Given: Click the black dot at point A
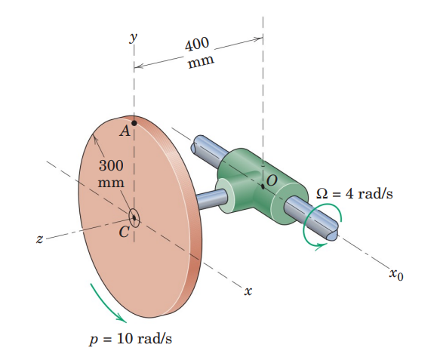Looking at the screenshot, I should click(134, 122).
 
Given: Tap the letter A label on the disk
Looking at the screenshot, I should click(125, 131).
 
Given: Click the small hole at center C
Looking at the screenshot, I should click(134, 217).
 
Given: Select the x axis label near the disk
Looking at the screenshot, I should click(248, 290).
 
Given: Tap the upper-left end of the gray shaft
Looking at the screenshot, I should click(201, 145).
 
